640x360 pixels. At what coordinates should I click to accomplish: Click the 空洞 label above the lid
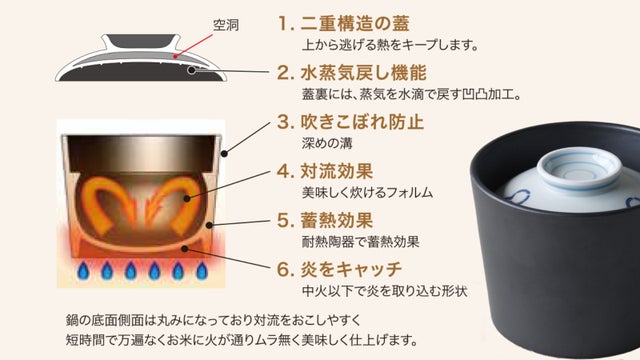(226, 25)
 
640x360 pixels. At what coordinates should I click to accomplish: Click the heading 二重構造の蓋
(355, 23)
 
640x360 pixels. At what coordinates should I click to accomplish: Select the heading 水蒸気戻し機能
(364, 73)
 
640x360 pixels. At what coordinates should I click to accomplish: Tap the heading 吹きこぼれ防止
(362, 122)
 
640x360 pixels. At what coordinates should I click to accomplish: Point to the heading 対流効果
(337, 171)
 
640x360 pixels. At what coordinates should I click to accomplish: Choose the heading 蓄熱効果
(337, 220)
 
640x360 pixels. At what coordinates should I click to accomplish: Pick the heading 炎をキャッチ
(351, 269)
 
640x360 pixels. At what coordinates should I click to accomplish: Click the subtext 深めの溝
(327, 143)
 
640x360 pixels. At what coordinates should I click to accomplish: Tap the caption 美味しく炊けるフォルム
(367, 192)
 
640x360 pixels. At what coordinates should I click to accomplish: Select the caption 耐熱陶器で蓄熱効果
(360, 242)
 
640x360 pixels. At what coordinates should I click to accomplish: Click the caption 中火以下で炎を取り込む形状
(384, 291)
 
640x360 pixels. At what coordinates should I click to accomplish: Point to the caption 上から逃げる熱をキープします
(390, 44)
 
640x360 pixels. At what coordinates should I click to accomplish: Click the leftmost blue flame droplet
(83, 271)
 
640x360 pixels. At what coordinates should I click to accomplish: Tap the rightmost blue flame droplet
(202, 271)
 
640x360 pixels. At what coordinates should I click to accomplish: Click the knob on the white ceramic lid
(580, 168)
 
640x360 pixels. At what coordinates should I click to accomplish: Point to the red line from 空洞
(194, 45)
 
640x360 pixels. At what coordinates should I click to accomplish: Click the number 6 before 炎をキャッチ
(283, 270)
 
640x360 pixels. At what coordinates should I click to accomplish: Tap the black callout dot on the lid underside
(191, 70)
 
